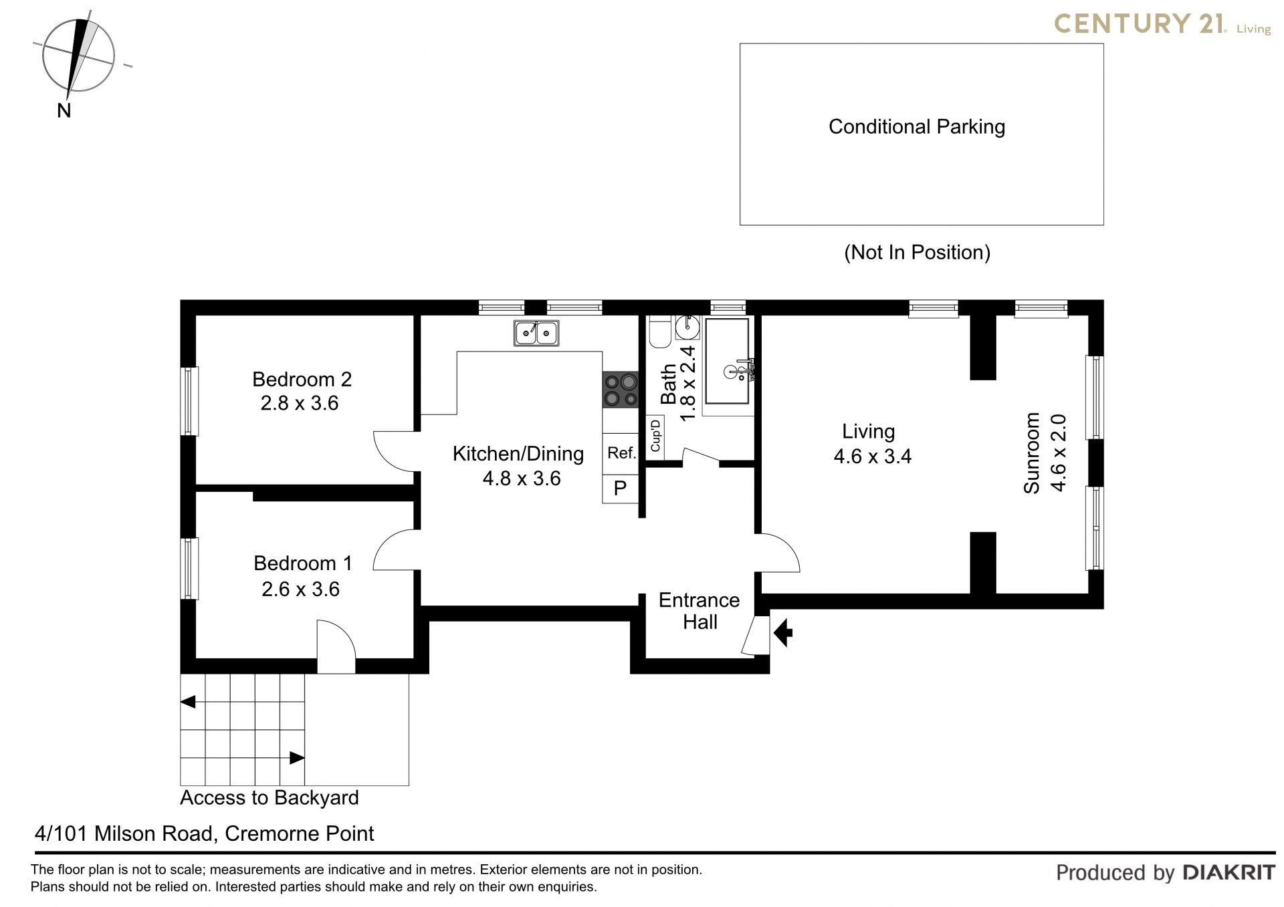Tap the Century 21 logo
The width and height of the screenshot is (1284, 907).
point(1162,24)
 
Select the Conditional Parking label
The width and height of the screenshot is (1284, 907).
point(916,127)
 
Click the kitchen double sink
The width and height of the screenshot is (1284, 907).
point(536,333)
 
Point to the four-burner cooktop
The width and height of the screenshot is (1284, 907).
point(620,390)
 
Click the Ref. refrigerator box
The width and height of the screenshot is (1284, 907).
point(621,454)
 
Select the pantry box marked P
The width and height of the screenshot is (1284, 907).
point(620,489)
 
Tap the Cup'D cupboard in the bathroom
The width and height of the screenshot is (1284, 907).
point(655,436)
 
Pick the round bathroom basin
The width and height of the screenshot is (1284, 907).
point(687,328)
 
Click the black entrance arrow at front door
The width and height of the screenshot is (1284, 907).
point(783,632)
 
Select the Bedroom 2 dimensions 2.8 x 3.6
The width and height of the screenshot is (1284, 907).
point(300,404)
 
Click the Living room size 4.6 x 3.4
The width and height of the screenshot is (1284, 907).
point(873,457)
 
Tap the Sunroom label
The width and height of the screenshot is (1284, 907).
point(1032,452)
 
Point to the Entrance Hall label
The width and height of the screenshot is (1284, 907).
point(700,611)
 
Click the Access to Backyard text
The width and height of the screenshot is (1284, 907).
point(270,798)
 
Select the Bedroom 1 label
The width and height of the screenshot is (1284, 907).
point(302,563)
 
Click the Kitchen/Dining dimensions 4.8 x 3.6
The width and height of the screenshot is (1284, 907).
point(522,479)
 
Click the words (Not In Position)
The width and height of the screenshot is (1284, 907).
point(917,253)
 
